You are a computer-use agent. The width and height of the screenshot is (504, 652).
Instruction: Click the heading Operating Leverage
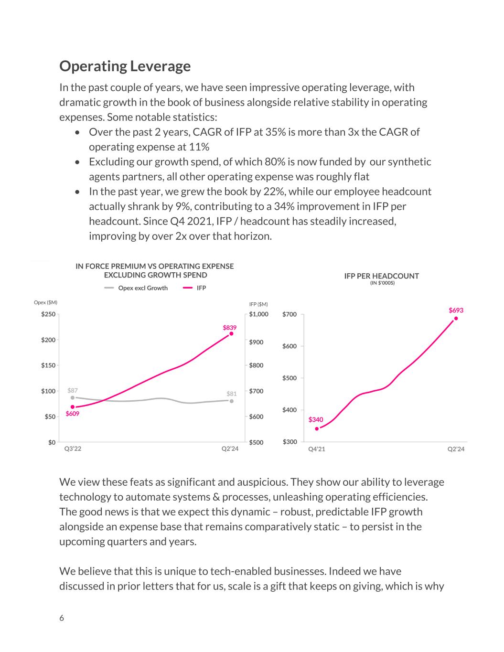[x=125, y=66]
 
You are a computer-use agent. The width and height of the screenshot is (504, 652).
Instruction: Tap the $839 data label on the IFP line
[x=229, y=327]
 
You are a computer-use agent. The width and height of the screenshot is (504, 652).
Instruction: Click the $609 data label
[x=73, y=414]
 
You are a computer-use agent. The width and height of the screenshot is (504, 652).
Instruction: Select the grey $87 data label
[x=73, y=390]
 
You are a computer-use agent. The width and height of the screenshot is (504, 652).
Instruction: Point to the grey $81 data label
[x=232, y=394]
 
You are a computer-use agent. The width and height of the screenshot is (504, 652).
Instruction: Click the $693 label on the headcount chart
[x=456, y=310]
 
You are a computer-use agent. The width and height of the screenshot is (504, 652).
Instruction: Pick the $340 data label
[x=316, y=419]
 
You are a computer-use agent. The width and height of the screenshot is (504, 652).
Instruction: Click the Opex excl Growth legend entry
[x=143, y=288]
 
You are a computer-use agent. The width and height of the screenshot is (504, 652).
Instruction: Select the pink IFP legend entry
[x=201, y=288]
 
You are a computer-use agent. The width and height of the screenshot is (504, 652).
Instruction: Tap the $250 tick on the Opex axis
[x=49, y=314]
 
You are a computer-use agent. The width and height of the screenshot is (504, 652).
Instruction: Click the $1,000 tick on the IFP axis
[x=258, y=314]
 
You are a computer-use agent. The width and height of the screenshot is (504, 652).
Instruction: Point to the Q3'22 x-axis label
[x=73, y=449]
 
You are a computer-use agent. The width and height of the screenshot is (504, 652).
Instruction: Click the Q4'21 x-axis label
[x=316, y=449]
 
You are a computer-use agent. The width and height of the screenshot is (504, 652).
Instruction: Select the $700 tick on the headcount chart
[x=290, y=314]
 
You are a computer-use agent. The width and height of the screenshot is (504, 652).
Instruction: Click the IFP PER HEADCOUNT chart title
[x=381, y=276]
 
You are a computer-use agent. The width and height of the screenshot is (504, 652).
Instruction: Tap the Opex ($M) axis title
[x=45, y=302]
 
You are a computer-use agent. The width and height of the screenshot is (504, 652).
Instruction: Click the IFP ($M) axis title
[x=258, y=304]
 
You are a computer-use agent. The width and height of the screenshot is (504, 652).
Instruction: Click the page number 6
[x=62, y=618]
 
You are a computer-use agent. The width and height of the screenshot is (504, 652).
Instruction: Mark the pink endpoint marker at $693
[x=456, y=318]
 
